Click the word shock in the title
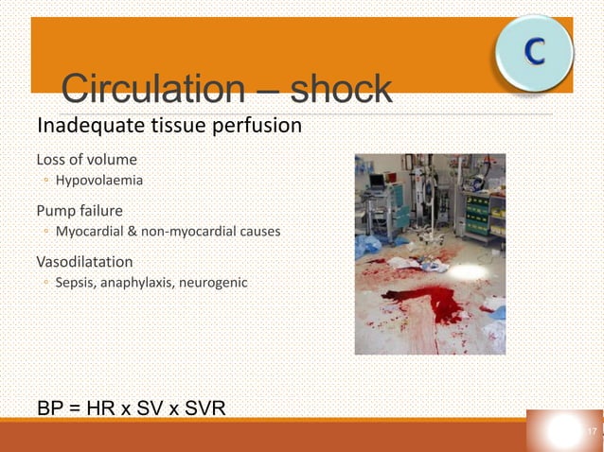341,90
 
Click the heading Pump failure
80,209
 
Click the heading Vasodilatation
84,261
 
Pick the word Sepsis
76,281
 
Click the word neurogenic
214,281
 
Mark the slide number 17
592,432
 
